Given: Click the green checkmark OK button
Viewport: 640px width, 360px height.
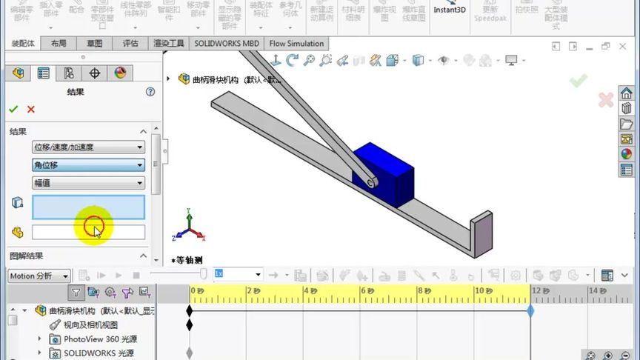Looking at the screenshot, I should tap(13, 110).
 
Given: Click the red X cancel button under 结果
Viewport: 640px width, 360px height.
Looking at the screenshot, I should tap(31, 110).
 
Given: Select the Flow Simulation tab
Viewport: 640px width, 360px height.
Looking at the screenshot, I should tap(296, 44).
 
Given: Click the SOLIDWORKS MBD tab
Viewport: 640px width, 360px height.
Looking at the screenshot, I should tap(227, 44).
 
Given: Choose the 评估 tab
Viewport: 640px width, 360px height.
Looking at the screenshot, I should tap(130, 44).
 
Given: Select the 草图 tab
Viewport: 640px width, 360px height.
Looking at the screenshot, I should tap(94, 44).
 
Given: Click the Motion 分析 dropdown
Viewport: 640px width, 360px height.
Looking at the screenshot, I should tap(39, 276).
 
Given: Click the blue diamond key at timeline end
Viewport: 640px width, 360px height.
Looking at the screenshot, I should tap(530, 311).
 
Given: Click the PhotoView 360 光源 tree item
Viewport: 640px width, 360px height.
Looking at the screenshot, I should tap(100, 339).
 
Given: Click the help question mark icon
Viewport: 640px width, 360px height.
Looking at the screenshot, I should tap(150, 92).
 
